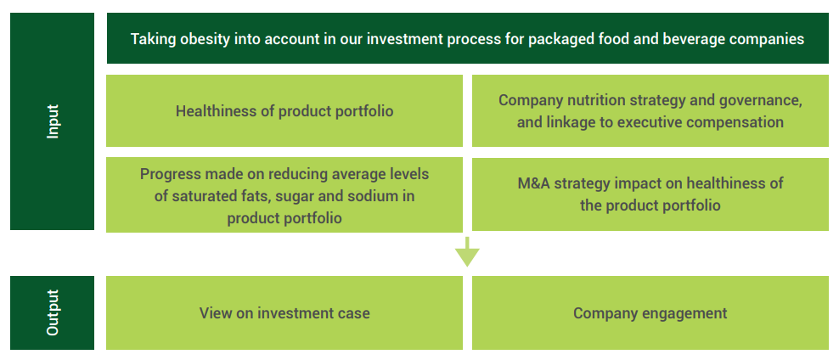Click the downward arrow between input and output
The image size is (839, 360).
click(x=467, y=252)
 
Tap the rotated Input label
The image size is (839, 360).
click(x=53, y=121)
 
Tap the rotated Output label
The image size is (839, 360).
click(x=53, y=313)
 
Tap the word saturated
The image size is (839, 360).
click(x=201, y=196)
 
